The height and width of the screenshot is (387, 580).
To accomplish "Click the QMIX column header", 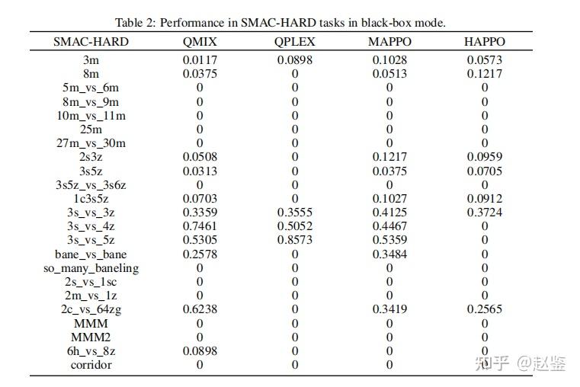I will click(x=200, y=41).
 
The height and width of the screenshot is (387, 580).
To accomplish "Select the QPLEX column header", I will click(x=295, y=41).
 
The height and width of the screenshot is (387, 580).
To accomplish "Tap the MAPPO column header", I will click(x=389, y=41).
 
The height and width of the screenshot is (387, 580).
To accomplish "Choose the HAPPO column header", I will click(x=485, y=41).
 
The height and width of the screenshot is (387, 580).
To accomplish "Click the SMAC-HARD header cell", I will click(x=91, y=41).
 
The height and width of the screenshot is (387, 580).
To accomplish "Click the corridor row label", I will click(x=91, y=364).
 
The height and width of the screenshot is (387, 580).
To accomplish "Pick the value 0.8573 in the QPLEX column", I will click(x=295, y=240).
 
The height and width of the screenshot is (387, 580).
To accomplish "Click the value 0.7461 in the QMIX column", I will click(x=200, y=226).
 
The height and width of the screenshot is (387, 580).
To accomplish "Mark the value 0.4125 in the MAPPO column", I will click(x=389, y=213).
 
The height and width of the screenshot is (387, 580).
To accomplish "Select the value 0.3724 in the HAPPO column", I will click(x=485, y=213).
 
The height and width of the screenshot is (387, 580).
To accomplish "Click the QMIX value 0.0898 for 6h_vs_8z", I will click(x=200, y=350).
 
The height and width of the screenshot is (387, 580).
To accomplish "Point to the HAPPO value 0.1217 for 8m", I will click(x=485, y=74).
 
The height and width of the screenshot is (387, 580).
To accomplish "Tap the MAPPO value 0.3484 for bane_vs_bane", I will click(x=389, y=254).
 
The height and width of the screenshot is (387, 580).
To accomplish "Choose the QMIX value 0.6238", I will click(x=200, y=309).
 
